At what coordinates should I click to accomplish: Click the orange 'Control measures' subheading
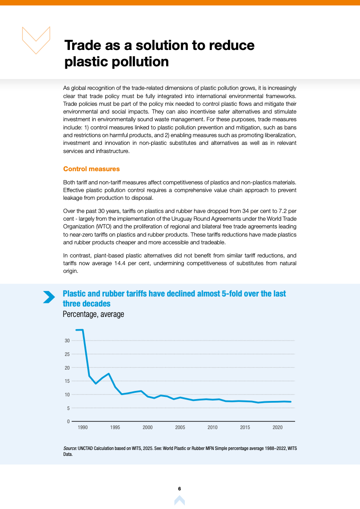(91, 169)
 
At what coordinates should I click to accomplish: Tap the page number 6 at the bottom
(180, 489)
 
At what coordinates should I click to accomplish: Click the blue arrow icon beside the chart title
(49, 297)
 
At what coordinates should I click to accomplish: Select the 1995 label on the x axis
(115, 428)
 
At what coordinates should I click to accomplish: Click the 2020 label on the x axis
(278, 428)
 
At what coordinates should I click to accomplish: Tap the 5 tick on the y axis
(68, 408)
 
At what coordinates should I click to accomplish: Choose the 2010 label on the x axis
(212, 428)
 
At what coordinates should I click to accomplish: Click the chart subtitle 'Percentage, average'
(93, 314)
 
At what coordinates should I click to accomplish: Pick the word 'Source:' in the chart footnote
(70, 448)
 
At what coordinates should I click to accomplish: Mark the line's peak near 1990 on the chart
(82, 330)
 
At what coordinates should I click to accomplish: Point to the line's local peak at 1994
(108, 374)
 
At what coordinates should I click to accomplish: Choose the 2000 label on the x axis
(148, 428)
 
